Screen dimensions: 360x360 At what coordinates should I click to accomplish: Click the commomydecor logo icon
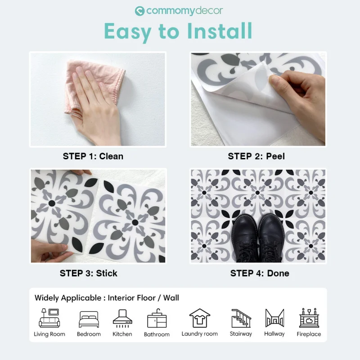pos(139,11)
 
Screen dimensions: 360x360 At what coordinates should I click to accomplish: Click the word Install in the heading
pos(220,31)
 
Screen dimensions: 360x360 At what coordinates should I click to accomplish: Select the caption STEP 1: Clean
pos(93,156)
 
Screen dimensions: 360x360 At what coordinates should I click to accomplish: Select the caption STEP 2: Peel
pos(256,156)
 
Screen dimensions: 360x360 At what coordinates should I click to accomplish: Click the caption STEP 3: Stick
pos(88,273)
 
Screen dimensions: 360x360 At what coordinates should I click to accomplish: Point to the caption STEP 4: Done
pos(260,273)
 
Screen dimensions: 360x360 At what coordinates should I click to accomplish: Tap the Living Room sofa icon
pos(49,318)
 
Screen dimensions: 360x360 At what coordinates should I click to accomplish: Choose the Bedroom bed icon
pos(89,319)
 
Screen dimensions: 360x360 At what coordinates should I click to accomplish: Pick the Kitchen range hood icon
pos(122,318)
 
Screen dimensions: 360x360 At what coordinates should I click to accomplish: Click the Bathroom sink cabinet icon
pos(157,318)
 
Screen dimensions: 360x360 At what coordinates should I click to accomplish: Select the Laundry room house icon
pos(199,318)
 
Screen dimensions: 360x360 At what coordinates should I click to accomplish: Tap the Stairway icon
pos(241,318)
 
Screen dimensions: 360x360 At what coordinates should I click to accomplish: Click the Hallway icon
pos(274,318)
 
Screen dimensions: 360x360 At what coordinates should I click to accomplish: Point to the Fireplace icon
pos(309,318)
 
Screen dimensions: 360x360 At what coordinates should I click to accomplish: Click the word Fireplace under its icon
pos(309,334)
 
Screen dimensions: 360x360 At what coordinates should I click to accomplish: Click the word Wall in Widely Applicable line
pos(171,298)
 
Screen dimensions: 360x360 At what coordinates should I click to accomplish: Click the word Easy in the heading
pos(127,32)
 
